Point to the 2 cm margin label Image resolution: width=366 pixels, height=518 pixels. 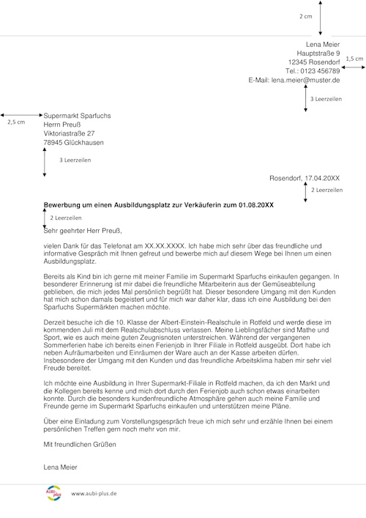tap(305, 15)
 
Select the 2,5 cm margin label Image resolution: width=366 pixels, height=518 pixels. tap(15, 122)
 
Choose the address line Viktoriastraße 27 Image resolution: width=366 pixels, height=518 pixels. tap(70, 134)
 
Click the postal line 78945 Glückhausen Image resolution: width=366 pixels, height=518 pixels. tap(75, 143)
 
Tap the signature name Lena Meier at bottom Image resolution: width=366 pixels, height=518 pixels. tap(60, 466)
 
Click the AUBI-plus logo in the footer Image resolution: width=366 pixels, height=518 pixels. tap(55, 493)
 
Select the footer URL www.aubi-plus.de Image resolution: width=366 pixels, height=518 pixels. tap(94, 495)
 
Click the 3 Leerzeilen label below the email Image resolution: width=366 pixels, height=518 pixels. tap(326, 97)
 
